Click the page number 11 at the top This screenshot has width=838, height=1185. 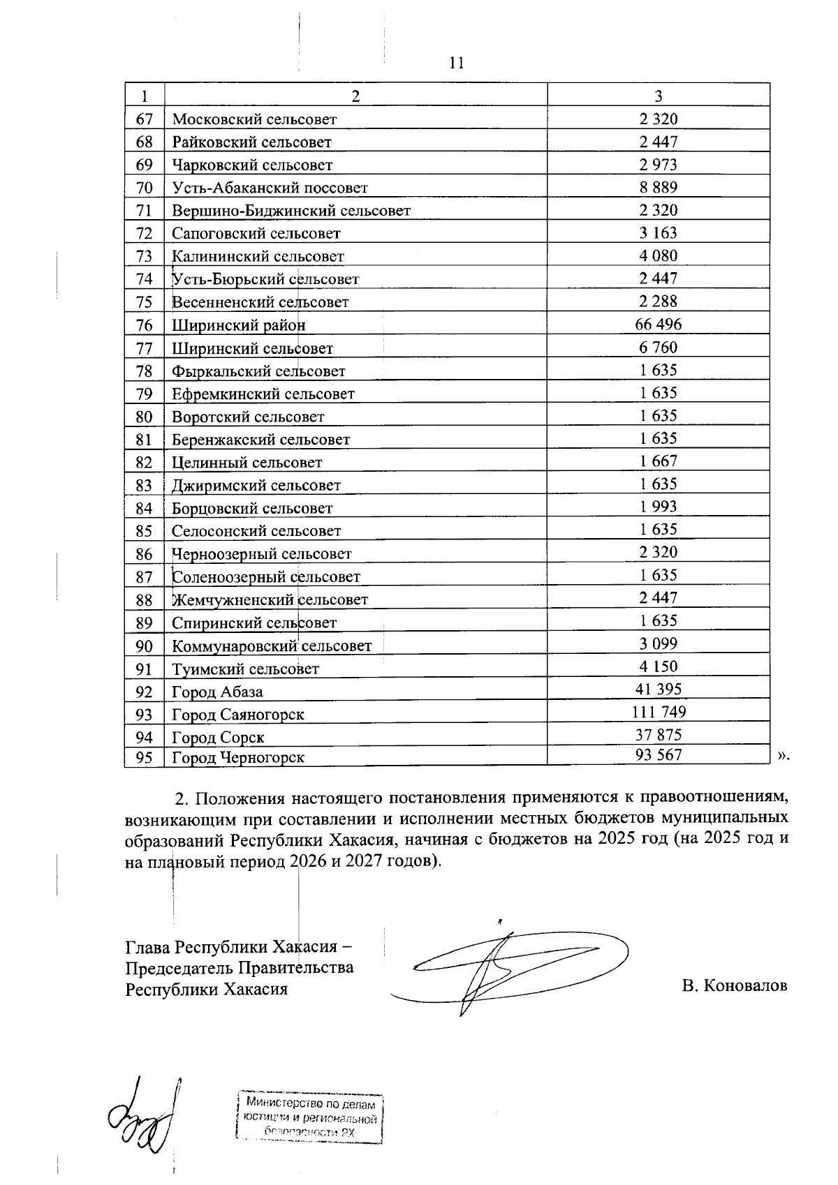pyautogui.click(x=456, y=64)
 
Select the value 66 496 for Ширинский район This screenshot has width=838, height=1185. pyautogui.click(x=658, y=325)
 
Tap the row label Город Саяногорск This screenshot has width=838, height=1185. pyautogui.click(x=237, y=715)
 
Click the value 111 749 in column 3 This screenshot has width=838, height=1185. pyautogui.click(x=658, y=712)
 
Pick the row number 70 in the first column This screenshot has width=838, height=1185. pyautogui.click(x=145, y=188)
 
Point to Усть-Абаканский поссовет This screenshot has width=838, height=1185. pyautogui.click(x=270, y=188)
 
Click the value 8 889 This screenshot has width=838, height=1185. pyautogui.click(x=658, y=187)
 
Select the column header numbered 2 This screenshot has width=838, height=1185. pyautogui.click(x=355, y=96)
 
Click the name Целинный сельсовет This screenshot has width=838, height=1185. pyautogui.click(x=247, y=463)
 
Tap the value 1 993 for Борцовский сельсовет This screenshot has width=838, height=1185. pyautogui.click(x=658, y=507)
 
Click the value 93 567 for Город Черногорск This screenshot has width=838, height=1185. pyautogui.click(x=658, y=754)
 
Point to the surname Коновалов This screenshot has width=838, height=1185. pyautogui.click(x=746, y=986)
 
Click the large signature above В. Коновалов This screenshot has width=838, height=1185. pyautogui.click(x=510, y=967)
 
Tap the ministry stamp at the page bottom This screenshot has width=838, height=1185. pyautogui.click(x=310, y=1118)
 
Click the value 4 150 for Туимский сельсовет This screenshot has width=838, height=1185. pyautogui.click(x=658, y=666)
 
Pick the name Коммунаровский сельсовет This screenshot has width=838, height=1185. pyautogui.click(x=272, y=646)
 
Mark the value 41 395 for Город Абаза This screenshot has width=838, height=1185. pyautogui.click(x=658, y=690)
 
